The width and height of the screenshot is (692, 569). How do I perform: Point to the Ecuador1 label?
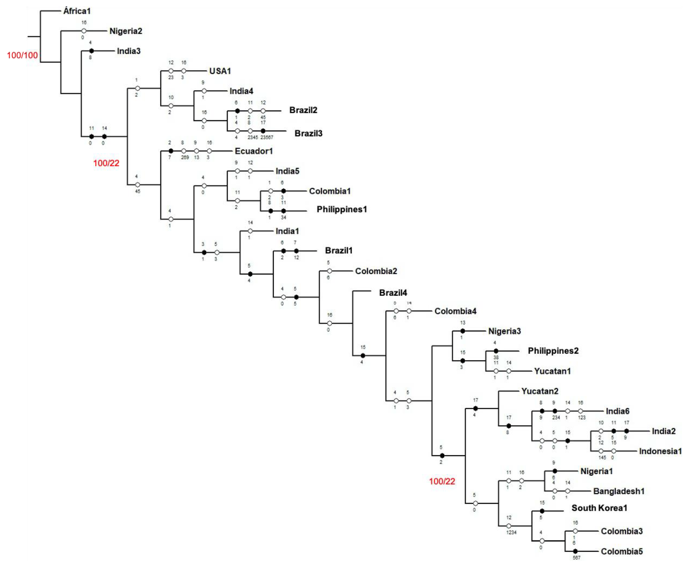(254, 151)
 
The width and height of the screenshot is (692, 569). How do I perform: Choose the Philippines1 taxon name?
(342, 209)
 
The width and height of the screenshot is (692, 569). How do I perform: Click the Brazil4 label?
(393, 293)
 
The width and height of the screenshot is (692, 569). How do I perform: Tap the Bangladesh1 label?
(619, 491)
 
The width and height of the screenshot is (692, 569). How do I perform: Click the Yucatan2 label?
(540, 391)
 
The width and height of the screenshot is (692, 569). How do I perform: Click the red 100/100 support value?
(22, 55)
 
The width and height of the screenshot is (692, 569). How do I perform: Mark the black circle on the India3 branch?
(92, 51)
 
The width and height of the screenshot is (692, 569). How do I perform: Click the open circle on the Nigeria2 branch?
(84, 31)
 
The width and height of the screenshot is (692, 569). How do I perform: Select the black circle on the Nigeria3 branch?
(463, 331)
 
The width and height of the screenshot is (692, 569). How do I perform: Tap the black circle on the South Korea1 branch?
(542, 511)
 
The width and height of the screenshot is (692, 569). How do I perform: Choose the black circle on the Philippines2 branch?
(496, 351)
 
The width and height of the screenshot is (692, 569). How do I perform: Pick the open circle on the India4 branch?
(204, 91)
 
